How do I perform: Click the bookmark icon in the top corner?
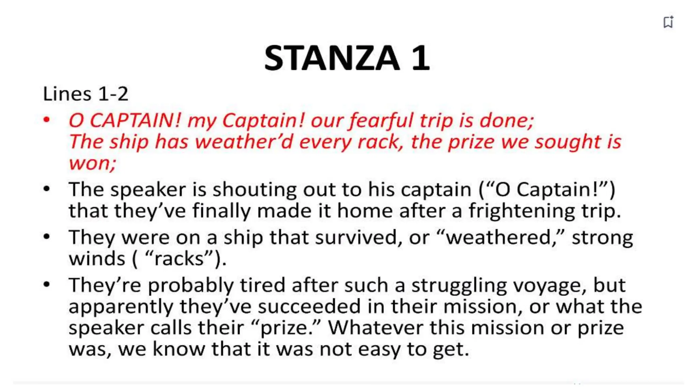pos(668,22)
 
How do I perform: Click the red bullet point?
pos(47,120)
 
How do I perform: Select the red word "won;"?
pos(92,163)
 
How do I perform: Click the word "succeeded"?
pos(309,306)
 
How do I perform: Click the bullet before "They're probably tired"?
pos(47,284)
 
